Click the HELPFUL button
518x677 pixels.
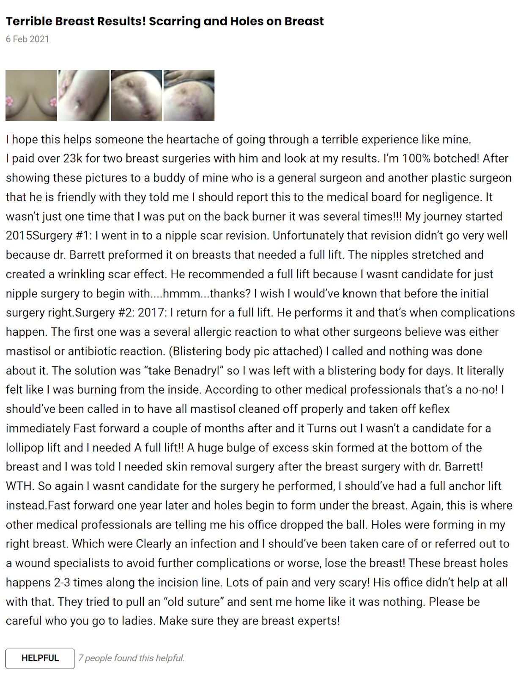pos(40,658)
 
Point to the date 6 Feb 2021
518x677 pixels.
pos(27,39)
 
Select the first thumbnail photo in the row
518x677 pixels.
pos(31,96)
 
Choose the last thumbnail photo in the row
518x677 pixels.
pos(189,96)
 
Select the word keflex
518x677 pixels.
pos(434,409)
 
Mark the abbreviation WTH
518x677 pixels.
pos(19,486)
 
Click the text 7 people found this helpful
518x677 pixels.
pos(132,658)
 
